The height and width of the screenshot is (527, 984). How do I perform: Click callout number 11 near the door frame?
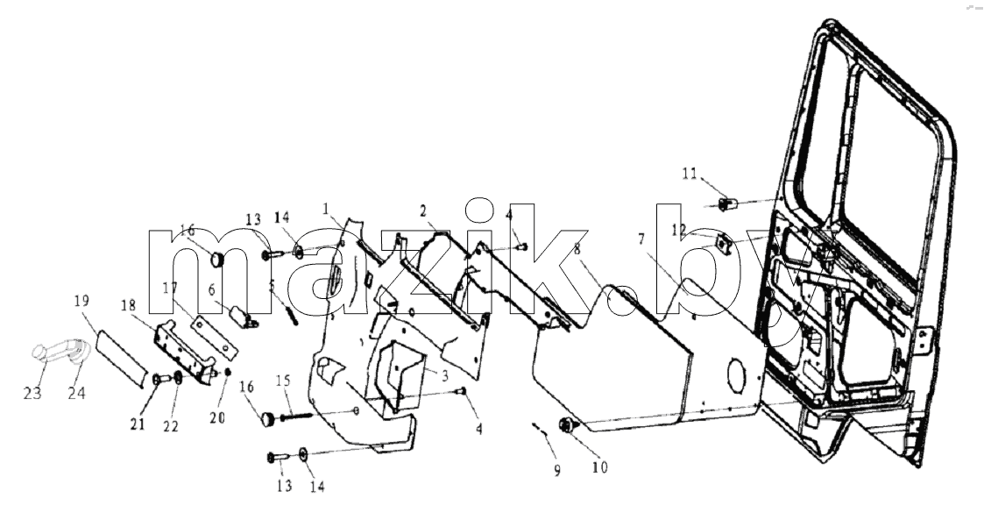coord(690,174)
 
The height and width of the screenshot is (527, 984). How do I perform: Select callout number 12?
coord(680,231)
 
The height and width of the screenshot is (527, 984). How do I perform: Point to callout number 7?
coord(641,239)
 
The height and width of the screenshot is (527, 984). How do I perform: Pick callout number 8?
coord(577,249)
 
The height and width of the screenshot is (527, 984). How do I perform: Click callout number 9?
coord(557,471)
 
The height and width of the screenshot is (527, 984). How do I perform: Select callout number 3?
coord(444,377)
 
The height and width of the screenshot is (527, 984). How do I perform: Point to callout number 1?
coord(326,208)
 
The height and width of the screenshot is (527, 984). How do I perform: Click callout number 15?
coord(283,381)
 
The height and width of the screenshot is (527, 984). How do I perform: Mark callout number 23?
coord(32,394)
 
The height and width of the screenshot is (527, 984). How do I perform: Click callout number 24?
coord(77,394)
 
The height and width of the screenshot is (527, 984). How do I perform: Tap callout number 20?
coord(217,417)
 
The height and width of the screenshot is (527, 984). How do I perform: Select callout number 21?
coord(138,424)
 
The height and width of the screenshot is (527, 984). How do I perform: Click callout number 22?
coord(171,426)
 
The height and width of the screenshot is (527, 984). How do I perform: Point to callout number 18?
coord(128,305)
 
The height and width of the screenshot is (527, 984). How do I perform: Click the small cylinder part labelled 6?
coord(243,315)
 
